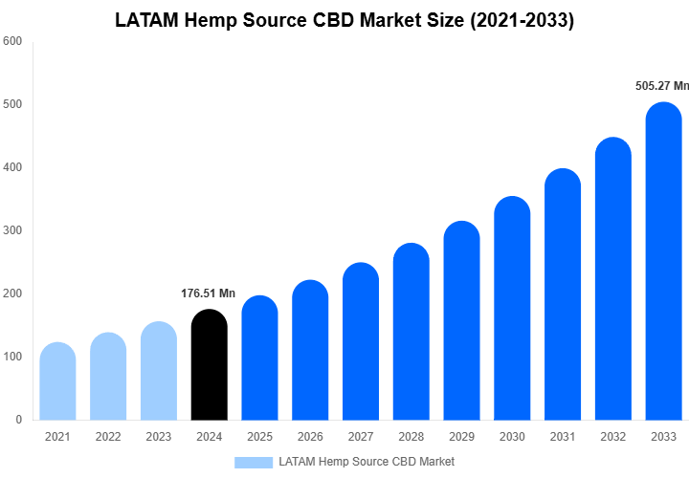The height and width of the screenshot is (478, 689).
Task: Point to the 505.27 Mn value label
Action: click(661, 86)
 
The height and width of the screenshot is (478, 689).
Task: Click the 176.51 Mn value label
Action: click(208, 293)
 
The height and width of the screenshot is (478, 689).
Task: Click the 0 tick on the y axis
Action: click(18, 420)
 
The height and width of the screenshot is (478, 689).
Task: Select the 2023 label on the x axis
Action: click(158, 437)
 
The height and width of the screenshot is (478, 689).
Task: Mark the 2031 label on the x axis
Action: click(563, 437)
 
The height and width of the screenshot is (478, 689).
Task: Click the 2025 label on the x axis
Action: click(259, 437)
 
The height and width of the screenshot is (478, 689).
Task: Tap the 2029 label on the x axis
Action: click(461, 437)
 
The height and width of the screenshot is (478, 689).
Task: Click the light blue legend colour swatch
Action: click(253, 462)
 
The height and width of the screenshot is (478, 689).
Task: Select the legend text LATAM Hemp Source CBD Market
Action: click(367, 462)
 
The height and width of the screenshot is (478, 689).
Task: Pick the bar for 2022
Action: click(108, 377)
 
